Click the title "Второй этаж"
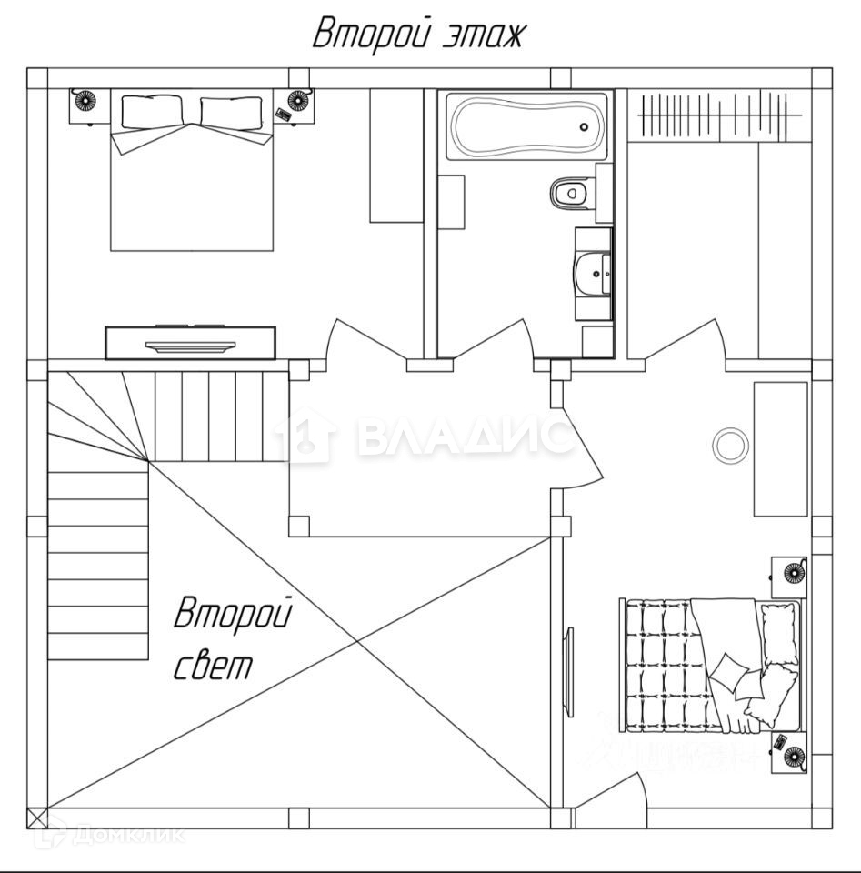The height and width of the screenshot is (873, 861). [x=419, y=35]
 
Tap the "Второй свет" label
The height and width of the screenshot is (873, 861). [x=233, y=638]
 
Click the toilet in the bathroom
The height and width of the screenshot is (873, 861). [x=569, y=192]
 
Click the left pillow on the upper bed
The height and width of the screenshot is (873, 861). [x=151, y=112]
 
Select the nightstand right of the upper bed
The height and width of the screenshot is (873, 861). [x=295, y=105]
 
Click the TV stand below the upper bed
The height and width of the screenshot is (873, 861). [x=191, y=342]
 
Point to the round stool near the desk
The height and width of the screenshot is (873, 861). [x=728, y=445]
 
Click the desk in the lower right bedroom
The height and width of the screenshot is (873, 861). [x=780, y=448]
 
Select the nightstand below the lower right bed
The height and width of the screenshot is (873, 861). [x=789, y=753]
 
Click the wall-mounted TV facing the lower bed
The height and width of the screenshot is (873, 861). [x=569, y=670]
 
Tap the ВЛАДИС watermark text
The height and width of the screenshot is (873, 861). [x=464, y=437]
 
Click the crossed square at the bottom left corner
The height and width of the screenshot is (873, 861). [x=38, y=817]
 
